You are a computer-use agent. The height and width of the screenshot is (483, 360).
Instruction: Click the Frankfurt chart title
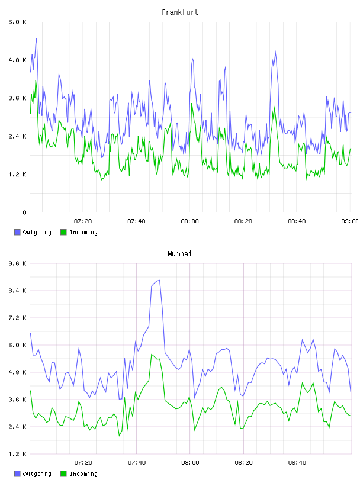click(x=180, y=12)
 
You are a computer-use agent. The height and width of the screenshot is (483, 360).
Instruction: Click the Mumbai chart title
click(x=179, y=254)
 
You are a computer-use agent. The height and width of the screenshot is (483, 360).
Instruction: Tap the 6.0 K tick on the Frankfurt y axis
click(x=18, y=22)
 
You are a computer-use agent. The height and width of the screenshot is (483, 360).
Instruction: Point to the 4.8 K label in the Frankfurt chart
click(x=18, y=60)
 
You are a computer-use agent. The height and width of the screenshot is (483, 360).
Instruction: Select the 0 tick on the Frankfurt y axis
click(x=24, y=212)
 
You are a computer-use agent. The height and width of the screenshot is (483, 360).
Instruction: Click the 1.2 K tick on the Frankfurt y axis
click(x=18, y=175)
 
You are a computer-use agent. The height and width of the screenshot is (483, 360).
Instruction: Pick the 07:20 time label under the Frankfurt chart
click(x=83, y=221)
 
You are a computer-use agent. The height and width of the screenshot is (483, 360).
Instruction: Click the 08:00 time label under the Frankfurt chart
click(x=190, y=221)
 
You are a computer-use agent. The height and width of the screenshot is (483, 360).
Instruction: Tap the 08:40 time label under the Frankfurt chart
click(x=297, y=221)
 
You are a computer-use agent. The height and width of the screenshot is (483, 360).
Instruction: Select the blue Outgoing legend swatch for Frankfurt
click(x=17, y=232)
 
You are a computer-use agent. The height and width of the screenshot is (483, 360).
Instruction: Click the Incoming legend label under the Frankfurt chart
click(x=83, y=232)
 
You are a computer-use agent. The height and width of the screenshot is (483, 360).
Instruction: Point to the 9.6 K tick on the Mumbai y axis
click(x=18, y=263)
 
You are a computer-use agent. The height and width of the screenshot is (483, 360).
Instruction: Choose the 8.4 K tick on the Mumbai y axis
click(x=18, y=291)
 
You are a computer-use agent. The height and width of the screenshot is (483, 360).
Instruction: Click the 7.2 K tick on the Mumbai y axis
click(x=18, y=318)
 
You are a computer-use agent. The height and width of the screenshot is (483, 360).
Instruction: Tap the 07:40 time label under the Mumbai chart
click(x=137, y=463)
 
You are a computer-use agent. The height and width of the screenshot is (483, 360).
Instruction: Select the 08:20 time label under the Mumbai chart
click(x=243, y=463)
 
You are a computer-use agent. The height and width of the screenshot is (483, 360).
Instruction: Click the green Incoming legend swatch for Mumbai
click(x=63, y=474)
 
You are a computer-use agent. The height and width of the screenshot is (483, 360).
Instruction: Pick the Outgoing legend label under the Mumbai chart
click(x=37, y=474)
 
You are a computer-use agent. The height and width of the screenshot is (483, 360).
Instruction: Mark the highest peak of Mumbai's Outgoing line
click(x=159, y=281)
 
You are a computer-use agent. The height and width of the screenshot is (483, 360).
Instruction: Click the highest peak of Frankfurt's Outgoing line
click(x=37, y=38)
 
